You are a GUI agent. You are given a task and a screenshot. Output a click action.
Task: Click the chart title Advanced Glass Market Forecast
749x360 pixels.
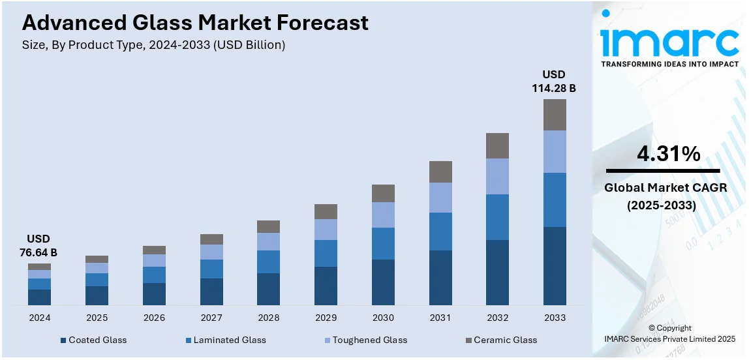tap(195, 23)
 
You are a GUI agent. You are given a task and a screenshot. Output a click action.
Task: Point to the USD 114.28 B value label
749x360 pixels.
tap(554, 82)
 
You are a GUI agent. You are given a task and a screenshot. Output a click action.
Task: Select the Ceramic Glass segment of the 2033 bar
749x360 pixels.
tap(555, 115)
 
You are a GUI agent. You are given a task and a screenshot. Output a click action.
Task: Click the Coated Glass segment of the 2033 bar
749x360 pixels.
tap(555, 265)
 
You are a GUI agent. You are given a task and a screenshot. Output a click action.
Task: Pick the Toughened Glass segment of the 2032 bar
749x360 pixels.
tap(497, 176)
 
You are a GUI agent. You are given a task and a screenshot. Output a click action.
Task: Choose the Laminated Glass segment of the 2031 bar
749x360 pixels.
tap(440, 232)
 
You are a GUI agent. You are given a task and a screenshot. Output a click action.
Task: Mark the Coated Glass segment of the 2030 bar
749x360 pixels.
tap(383, 282)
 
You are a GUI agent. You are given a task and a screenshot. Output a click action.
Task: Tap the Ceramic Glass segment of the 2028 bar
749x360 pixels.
tap(268, 226)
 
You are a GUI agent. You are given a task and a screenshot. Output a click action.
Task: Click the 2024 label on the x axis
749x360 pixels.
tap(39, 318)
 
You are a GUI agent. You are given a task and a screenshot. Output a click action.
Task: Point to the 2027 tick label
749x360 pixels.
tap(211, 318)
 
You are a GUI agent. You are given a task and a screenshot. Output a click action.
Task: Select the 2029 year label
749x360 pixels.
tap(326, 318)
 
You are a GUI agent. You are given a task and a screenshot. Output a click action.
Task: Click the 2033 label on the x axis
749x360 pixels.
tap(555, 318)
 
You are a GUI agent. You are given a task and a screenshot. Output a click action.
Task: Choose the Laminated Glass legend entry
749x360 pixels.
tap(226, 340)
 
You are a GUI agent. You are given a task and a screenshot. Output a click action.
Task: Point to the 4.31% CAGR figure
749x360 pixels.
tap(668, 155)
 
